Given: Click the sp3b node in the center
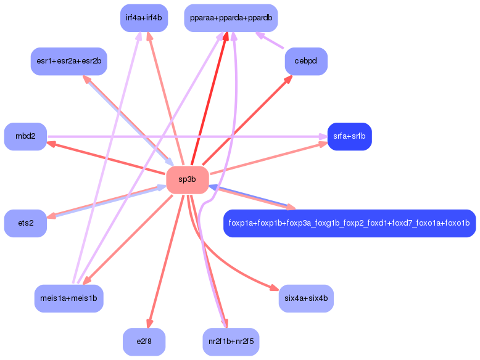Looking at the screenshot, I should tap(187, 179).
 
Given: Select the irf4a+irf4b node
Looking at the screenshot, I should tap(143, 18).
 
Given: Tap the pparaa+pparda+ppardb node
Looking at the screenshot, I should tap(231, 18).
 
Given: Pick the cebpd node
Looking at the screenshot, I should tap(306, 61).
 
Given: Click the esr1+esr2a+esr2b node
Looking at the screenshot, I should tap(69, 61).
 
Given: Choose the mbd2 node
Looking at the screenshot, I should tap(25, 136).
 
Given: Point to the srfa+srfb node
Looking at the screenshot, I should tap(349, 136).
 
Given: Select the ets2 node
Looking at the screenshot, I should tap(25, 223).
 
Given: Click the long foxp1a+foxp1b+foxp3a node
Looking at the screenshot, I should tap(349, 223).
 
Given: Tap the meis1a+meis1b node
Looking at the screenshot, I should tap(68, 298).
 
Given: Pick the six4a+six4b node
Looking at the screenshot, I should tap(306, 298).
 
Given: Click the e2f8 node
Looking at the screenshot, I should tap(144, 342).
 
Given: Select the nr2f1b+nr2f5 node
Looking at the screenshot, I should tap(231, 342).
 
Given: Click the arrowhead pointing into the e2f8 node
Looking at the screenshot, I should tap(148, 324).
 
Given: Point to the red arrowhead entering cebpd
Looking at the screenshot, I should tap(289, 79).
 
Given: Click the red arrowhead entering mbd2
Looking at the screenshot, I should tap(52, 144).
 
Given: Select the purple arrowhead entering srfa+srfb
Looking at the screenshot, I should tap(323, 136).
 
